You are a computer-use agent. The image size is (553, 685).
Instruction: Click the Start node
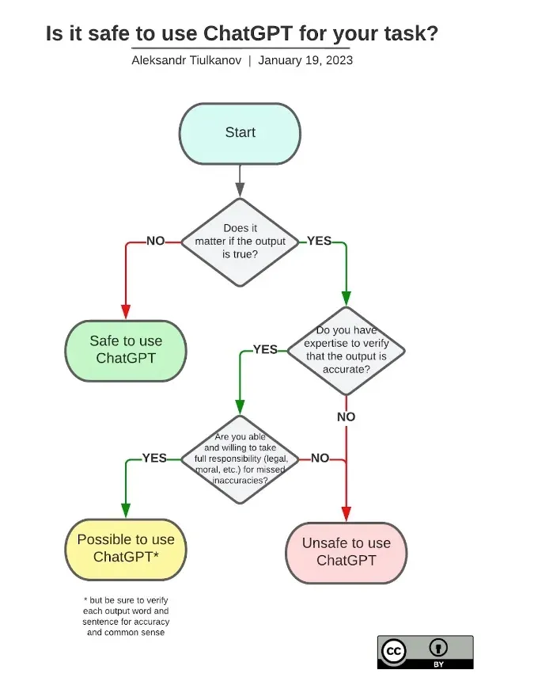[x=240, y=133]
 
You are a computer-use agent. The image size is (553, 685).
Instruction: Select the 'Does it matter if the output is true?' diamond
[x=240, y=242]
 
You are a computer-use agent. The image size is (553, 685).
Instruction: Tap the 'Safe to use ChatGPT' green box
[x=126, y=349]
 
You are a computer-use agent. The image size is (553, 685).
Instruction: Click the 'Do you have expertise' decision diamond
[x=346, y=349]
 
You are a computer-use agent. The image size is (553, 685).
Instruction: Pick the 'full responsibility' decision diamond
[x=240, y=459]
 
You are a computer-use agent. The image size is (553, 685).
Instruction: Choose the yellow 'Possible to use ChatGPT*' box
[x=126, y=548]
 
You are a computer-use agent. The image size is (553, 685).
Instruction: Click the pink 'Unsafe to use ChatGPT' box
[x=346, y=551]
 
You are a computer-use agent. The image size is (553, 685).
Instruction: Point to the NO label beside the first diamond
[x=156, y=241]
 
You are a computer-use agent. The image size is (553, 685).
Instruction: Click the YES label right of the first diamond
[x=319, y=241]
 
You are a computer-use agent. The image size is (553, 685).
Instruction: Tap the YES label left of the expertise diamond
[x=265, y=349]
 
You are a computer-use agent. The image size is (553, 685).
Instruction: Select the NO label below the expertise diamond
[x=346, y=417]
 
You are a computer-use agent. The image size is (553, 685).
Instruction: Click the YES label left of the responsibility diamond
[x=154, y=458]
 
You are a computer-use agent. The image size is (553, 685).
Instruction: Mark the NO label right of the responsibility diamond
[x=320, y=458]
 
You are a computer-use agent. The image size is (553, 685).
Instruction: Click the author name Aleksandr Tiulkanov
[x=186, y=60]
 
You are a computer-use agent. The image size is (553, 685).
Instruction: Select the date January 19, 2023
[x=305, y=60]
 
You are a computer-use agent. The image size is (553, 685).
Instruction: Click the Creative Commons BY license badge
[x=425, y=651]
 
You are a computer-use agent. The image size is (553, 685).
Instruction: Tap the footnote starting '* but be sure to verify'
[x=126, y=616]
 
